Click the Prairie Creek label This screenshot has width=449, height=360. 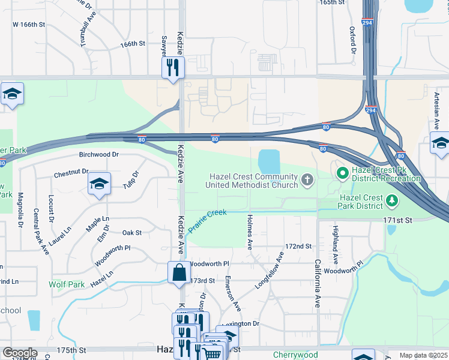[x=207, y=221]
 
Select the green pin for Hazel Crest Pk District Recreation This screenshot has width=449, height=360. [x=343, y=174]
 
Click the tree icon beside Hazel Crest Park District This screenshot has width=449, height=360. [x=393, y=200]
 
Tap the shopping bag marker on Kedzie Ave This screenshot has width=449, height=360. [x=179, y=273]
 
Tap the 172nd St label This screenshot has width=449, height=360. [x=298, y=246]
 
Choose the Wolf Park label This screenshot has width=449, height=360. [x=67, y=284]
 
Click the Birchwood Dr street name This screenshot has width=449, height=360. [x=98, y=154]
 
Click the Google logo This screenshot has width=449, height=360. [x=20, y=353]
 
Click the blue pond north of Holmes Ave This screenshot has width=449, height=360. [x=268, y=161]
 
